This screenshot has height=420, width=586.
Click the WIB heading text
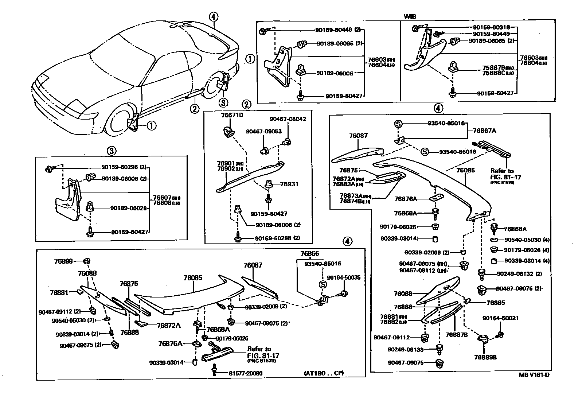[410, 17]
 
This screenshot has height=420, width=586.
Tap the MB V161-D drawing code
[534, 375]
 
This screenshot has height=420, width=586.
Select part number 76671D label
[232, 115]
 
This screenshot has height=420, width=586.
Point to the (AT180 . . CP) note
[323, 373]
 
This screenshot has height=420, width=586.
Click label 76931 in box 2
[289, 184]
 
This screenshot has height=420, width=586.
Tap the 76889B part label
[485, 357]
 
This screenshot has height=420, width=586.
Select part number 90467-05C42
[288, 119]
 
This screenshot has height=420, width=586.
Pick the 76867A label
[485, 130]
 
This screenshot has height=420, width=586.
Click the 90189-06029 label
[128, 209]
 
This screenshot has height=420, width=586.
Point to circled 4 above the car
[214, 16]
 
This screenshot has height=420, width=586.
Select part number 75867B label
[492, 67]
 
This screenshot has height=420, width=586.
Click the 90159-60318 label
[492, 27]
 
